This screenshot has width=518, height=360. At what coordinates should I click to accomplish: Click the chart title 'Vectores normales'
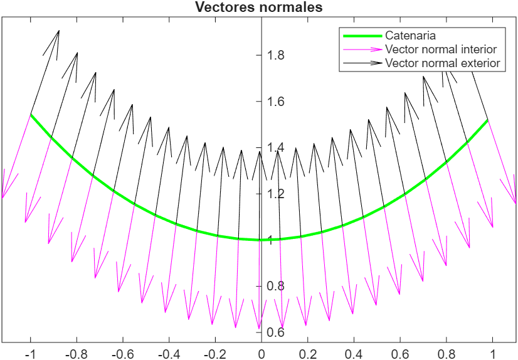(x=259, y=8)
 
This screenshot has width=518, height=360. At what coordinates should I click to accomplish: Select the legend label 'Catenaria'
(x=410, y=36)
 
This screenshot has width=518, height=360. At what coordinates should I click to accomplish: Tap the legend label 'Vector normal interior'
(x=441, y=49)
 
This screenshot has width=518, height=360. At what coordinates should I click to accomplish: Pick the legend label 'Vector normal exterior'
(x=442, y=63)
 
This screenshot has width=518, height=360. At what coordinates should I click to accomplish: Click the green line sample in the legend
(x=361, y=36)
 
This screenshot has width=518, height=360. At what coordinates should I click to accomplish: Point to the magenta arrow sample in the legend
(x=361, y=50)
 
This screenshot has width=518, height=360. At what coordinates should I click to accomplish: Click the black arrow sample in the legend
(x=361, y=63)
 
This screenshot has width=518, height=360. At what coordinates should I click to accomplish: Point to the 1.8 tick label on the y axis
(x=276, y=55)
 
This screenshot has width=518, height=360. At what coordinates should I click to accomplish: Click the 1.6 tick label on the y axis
(x=276, y=102)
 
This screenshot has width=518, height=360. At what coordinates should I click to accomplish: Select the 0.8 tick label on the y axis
(x=276, y=286)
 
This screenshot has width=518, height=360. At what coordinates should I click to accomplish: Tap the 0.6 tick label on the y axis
(x=276, y=332)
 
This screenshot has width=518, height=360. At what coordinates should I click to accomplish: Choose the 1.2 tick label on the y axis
(x=276, y=194)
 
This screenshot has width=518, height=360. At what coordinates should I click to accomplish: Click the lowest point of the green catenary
(x=261, y=240)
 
